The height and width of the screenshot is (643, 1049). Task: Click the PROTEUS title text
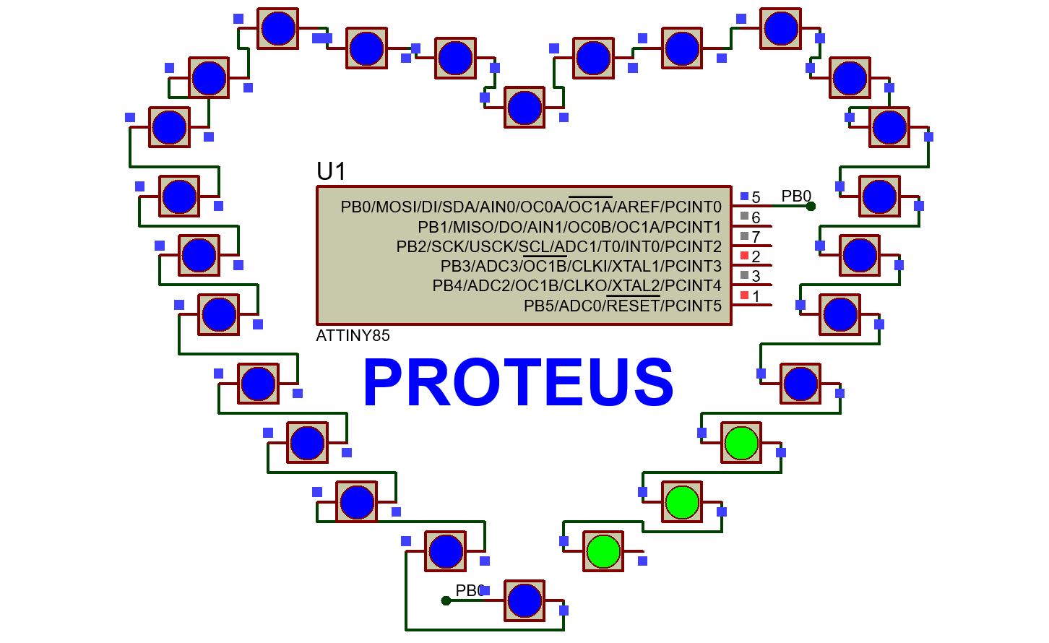click(x=518, y=382)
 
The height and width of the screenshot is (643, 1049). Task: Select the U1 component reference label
click(x=332, y=171)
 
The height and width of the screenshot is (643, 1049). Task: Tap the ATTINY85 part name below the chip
click(x=353, y=335)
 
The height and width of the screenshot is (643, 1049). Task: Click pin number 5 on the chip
click(x=756, y=197)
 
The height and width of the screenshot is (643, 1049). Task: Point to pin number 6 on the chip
click(x=756, y=217)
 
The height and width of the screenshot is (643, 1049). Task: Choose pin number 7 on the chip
click(x=756, y=237)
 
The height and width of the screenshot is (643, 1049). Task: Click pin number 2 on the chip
click(x=756, y=256)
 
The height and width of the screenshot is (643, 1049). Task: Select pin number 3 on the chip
click(x=756, y=276)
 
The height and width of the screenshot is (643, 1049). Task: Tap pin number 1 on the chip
click(x=756, y=296)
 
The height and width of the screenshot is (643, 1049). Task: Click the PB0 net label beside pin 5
click(x=796, y=196)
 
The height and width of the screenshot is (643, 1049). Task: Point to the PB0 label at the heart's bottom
click(x=469, y=590)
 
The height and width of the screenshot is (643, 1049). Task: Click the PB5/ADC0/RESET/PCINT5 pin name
click(x=622, y=306)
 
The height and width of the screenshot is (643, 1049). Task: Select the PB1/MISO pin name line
click(x=569, y=227)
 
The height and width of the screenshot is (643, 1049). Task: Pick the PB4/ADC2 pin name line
click(x=577, y=286)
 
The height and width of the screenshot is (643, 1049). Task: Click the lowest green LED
click(x=604, y=551)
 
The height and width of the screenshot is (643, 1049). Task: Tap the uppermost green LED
click(x=741, y=442)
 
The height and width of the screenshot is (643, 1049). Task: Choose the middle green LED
click(x=682, y=501)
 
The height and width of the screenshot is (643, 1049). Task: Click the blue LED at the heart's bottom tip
click(x=524, y=600)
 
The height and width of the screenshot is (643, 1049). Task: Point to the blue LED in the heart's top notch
click(x=524, y=108)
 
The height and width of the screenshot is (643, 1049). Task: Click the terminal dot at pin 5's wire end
click(x=811, y=206)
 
